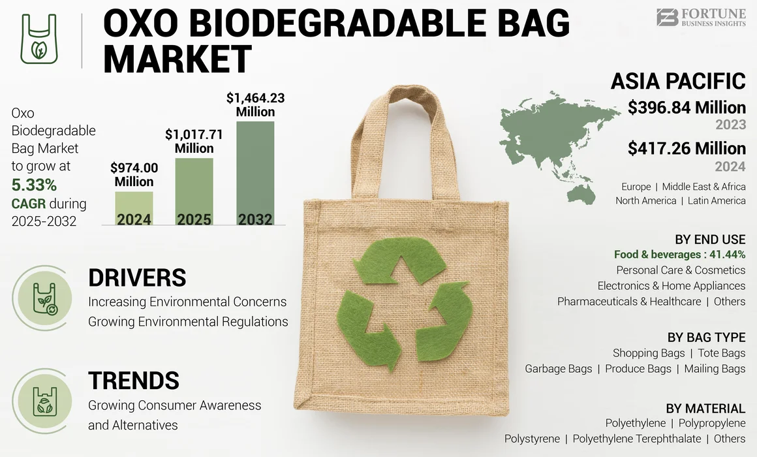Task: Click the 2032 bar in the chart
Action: tap(255, 173)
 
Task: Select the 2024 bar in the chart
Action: tap(134, 208)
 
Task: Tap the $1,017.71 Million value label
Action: tap(194, 141)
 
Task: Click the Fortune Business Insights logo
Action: tap(700, 17)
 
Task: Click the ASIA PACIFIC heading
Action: tap(678, 81)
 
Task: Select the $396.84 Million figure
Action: tap(687, 107)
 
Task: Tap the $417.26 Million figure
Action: tap(687, 148)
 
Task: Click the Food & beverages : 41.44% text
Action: tap(679, 255)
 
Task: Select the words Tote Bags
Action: tap(721, 353)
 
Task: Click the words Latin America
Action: tap(717, 200)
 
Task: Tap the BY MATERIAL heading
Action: tap(705, 409)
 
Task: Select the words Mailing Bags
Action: tap(715, 369)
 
